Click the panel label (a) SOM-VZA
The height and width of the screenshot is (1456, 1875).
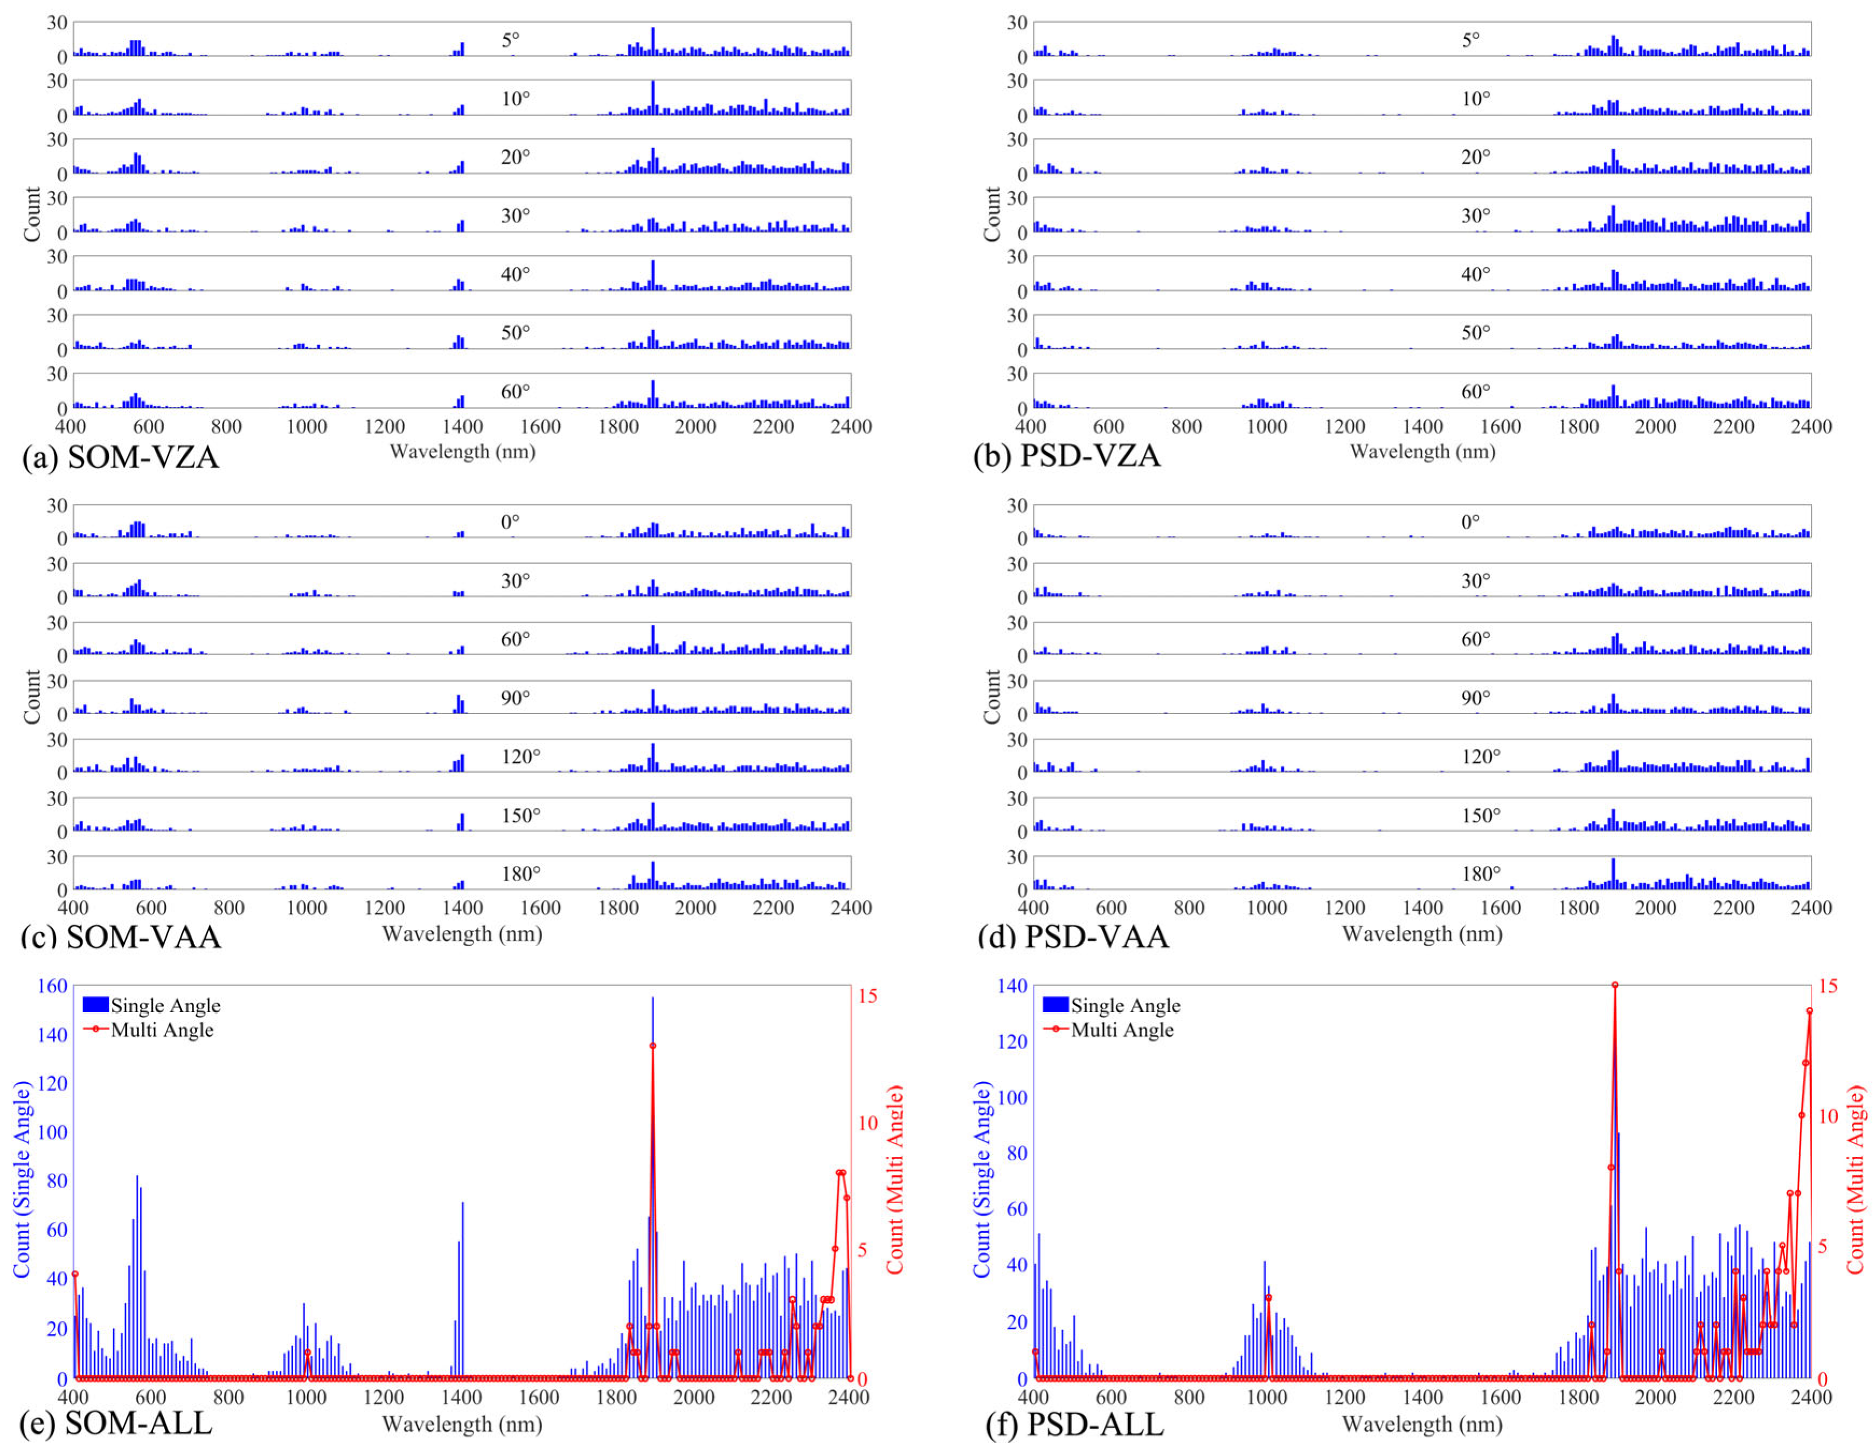(x=120, y=456)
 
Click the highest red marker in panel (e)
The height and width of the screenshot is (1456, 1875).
(x=652, y=1045)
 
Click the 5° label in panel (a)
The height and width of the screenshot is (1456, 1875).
(x=511, y=39)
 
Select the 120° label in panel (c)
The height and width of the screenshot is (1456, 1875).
(x=520, y=757)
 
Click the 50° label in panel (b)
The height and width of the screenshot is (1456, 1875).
(x=1476, y=332)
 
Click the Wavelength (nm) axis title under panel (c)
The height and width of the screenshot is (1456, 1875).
(x=462, y=933)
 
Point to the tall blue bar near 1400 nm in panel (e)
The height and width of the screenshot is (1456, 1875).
(x=463, y=1288)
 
